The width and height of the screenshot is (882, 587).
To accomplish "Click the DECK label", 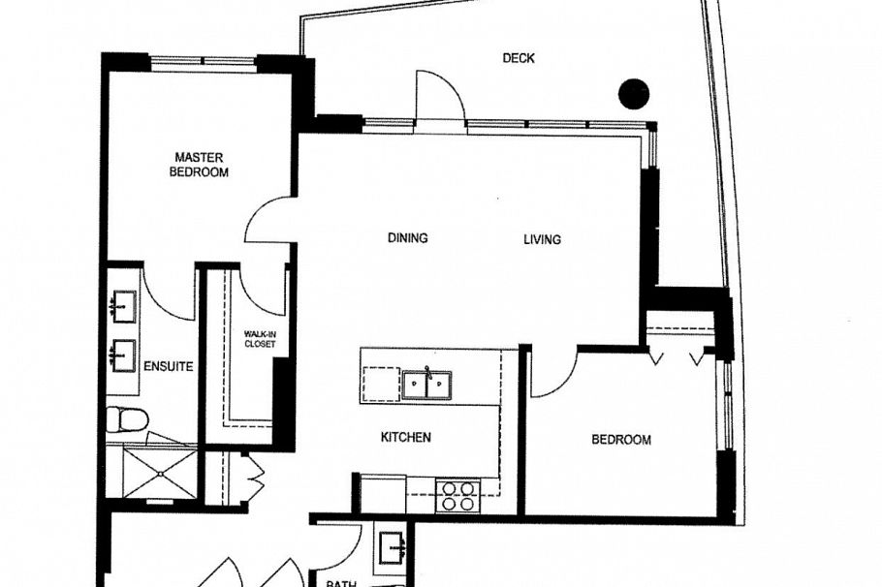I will [519, 58].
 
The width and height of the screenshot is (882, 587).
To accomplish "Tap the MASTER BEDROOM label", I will [199, 165].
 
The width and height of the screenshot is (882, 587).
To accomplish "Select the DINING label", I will [408, 238].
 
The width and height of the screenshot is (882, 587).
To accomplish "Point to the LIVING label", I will [542, 239].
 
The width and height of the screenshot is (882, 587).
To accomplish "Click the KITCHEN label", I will [405, 438].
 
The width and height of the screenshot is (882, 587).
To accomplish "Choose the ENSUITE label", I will [169, 367].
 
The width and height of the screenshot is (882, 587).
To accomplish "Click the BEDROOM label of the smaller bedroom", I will [621, 440].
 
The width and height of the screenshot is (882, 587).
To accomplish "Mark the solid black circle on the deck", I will [634, 93].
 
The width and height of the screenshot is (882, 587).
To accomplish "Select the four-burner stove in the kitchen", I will [457, 495].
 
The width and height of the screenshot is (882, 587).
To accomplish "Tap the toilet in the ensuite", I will [126, 421].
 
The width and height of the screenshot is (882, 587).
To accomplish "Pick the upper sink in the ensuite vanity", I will [121, 307].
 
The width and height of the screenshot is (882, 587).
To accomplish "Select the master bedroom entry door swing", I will [268, 219].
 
